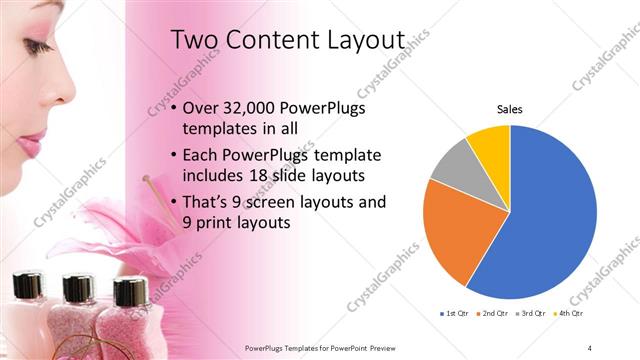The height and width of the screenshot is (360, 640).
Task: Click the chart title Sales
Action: point(510,109)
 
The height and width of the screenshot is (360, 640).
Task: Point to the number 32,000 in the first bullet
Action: point(247,108)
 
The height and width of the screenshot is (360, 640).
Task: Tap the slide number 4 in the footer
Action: point(590,347)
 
